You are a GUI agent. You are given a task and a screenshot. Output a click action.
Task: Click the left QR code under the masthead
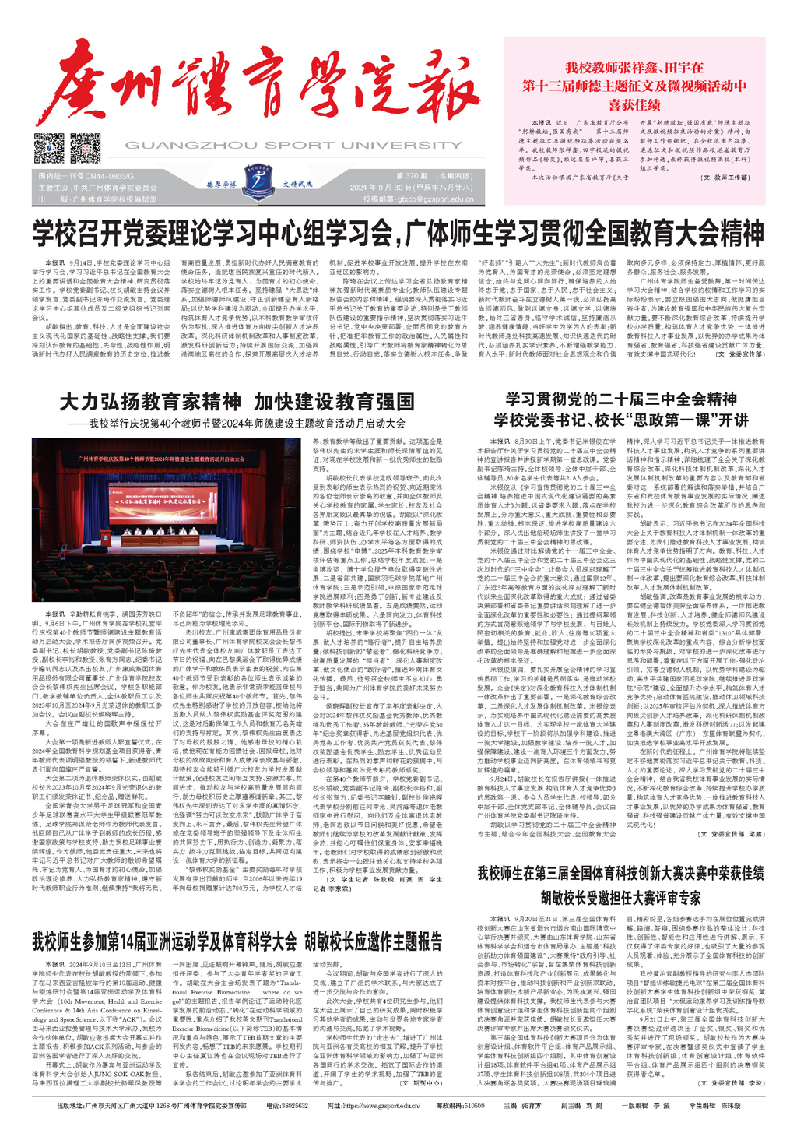[x=49, y=148]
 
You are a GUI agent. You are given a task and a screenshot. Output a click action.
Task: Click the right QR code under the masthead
[x=85, y=148]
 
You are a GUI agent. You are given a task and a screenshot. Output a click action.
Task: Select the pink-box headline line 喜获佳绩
[x=634, y=105]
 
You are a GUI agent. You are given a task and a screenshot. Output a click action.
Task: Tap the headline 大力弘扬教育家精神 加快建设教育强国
[x=237, y=402]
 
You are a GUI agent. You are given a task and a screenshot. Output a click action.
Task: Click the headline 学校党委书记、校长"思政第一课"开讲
[x=621, y=420]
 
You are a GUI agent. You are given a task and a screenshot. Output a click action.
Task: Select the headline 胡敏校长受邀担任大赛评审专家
[x=620, y=898]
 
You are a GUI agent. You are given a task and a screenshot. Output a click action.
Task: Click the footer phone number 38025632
[x=293, y=1106]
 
